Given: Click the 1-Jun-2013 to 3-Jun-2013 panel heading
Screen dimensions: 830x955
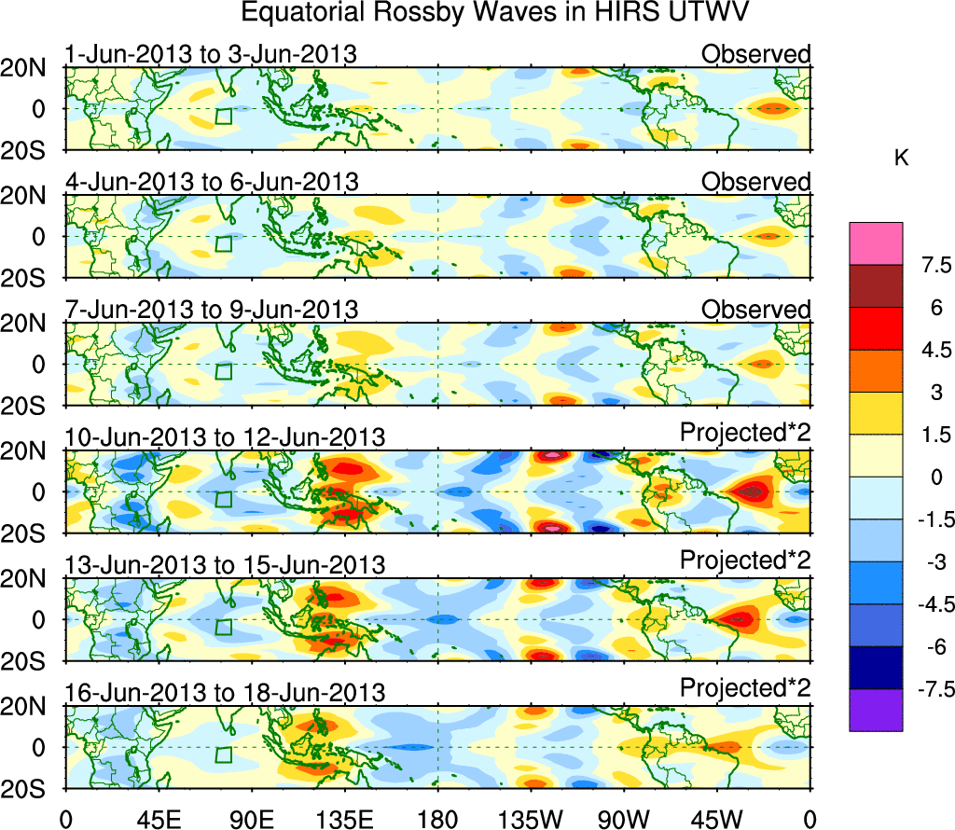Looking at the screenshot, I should coord(211,54).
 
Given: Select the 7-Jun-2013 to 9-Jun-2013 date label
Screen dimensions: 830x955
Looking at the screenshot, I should coord(211,310).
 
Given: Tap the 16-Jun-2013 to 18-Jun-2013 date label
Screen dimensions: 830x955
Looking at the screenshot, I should coord(225,693).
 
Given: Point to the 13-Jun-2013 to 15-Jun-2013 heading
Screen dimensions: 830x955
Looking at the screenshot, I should coord(225,565).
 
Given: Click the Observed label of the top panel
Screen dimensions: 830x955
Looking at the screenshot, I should coord(756,54).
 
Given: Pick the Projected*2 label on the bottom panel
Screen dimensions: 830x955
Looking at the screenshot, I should coord(745,689).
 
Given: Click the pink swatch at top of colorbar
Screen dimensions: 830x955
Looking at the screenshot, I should coord(876,243).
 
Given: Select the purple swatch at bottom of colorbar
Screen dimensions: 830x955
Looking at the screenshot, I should coord(876,710).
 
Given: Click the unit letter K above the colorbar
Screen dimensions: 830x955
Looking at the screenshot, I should coord(901,159).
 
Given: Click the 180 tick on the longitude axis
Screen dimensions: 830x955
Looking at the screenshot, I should coord(437,820).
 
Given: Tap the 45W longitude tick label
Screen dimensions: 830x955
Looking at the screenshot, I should coord(715,820).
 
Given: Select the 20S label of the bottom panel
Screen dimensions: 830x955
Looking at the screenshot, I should coord(31,788).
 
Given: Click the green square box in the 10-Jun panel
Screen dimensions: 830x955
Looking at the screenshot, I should coord(223,499).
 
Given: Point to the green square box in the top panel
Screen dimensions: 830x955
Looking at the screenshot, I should coord(223,116).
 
